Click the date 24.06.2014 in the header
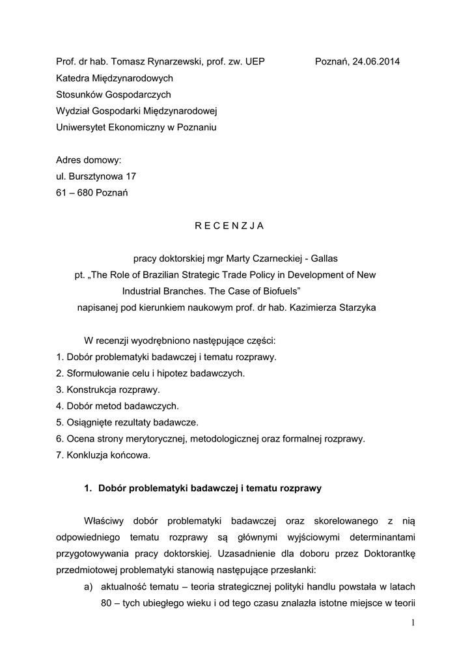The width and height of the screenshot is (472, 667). coord(376,62)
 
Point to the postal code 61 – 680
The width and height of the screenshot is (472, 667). coord(74,193)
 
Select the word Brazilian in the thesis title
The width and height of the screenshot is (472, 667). coord(145,274)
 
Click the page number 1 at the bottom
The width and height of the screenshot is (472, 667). coord(413,623)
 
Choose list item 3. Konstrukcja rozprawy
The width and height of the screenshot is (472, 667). coord(108,390)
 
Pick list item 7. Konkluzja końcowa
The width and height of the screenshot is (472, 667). coord(104,455)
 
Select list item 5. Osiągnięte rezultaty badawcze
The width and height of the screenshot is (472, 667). coord(128,422)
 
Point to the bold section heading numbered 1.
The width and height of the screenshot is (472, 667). coord(203,488)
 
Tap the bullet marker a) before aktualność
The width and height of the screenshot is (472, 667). coord(89,586)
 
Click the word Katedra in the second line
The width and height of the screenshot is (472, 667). coord(74,78)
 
